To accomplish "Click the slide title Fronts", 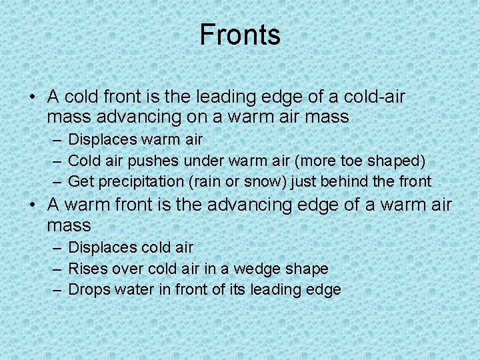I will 240,35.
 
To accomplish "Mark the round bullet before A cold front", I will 32,98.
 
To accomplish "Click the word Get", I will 80,181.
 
